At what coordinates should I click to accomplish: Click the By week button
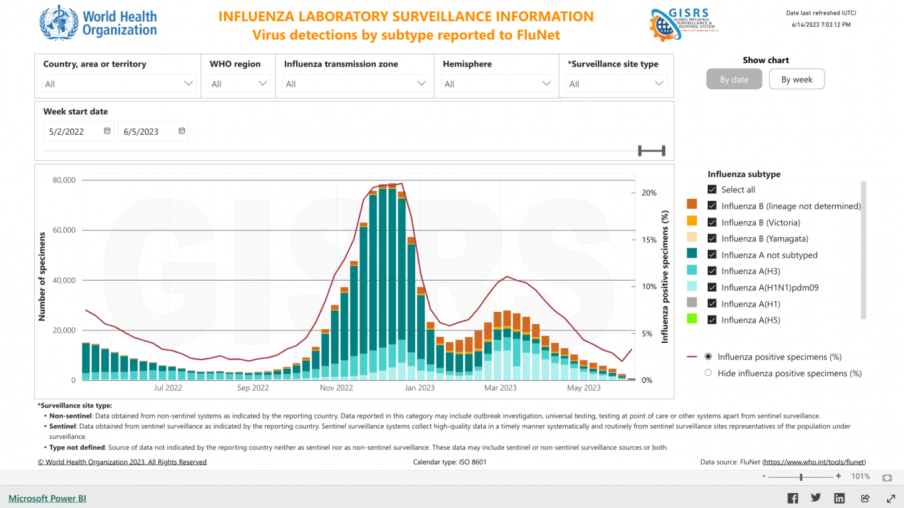pyautogui.click(x=797, y=79)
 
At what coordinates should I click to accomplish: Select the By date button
pyautogui.click(x=734, y=79)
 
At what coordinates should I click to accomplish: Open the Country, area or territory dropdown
pyautogui.click(x=119, y=84)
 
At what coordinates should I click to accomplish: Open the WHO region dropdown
pyautogui.click(x=238, y=84)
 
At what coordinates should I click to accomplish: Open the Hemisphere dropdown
pyautogui.click(x=497, y=84)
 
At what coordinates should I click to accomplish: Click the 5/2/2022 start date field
pyautogui.click(x=75, y=132)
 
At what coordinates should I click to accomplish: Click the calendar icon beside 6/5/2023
pyautogui.click(x=181, y=132)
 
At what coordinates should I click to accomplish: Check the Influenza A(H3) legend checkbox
pyautogui.click(x=712, y=271)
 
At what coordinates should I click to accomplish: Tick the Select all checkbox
pyautogui.click(x=712, y=190)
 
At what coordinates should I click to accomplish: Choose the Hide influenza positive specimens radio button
pyautogui.click(x=708, y=373)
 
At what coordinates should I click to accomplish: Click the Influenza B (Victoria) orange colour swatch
pyautogui.click(x=692, y=221)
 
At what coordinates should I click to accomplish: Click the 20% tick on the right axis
pyautogui.click(x=649, y=193)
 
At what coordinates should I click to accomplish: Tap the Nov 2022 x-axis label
pyautogui.click(x=336, y=388)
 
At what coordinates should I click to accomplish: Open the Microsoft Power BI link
pyautogui.click(x=47, y=498)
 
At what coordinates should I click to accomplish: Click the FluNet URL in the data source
pyautogui.click(x=813, y=462)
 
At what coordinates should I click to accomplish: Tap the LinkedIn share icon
pyautogui.click(x=839, y=498)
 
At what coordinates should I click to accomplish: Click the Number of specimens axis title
pyautogui.click(x=42, y=276)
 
